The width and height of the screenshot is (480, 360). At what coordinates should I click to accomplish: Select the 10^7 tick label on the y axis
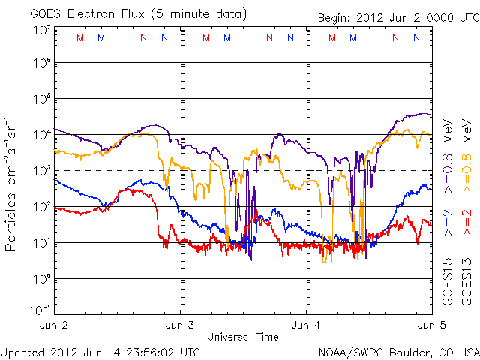pos(41,30)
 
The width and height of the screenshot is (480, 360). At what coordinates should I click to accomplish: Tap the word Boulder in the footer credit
pos(406,352)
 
